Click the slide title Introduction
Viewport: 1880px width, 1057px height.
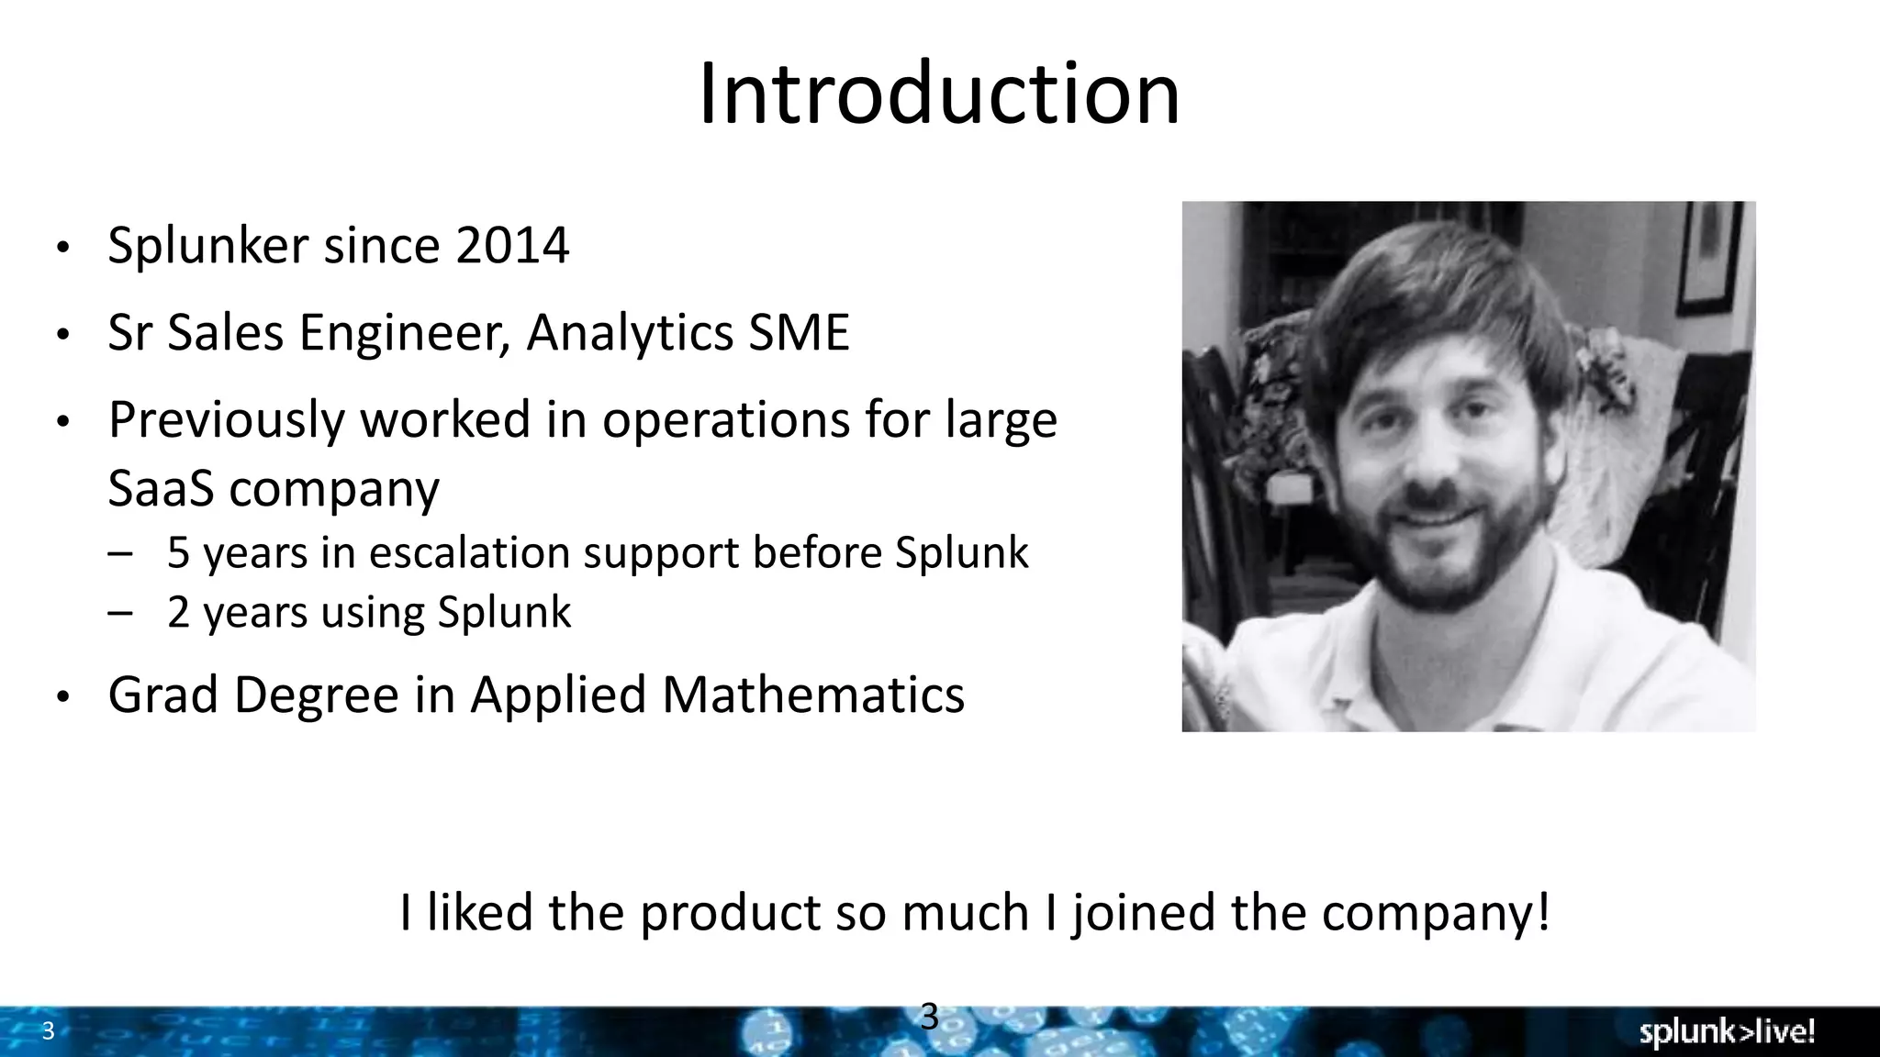point(939,94)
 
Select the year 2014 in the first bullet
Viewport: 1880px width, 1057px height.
point(511,246)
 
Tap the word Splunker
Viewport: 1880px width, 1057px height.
point(208,246)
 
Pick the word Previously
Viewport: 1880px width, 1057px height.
point(226,420)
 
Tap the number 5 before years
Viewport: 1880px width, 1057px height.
point(178,553)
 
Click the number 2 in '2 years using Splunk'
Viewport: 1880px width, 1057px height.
point(178,612)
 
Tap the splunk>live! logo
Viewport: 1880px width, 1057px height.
point(1727,1032)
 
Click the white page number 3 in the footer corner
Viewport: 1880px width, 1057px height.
point(49,1031)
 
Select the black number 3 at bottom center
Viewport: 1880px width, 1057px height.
point(929,1017)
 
